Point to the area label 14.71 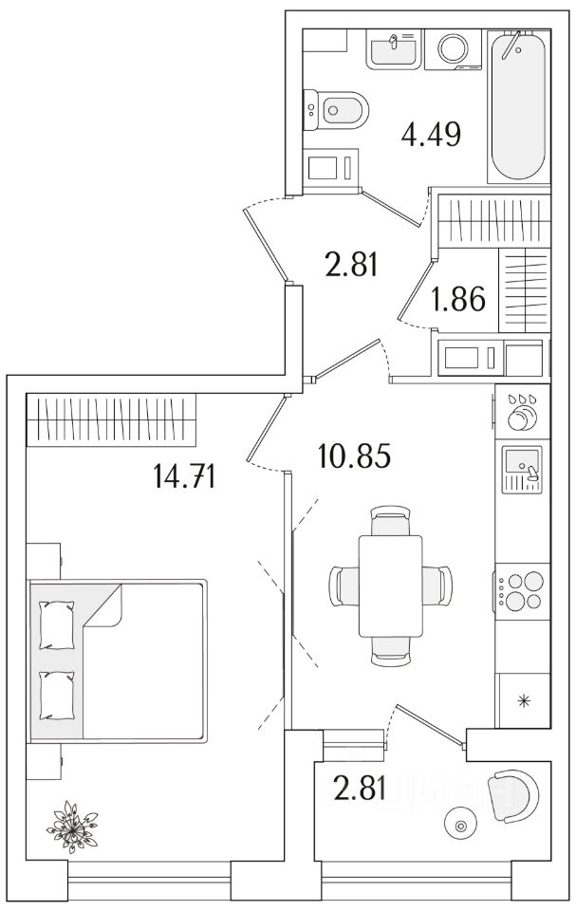(184, 474)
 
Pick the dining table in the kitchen (390, 586)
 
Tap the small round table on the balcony (462, 825)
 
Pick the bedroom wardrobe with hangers (111, 418)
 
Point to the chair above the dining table (390, 523)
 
